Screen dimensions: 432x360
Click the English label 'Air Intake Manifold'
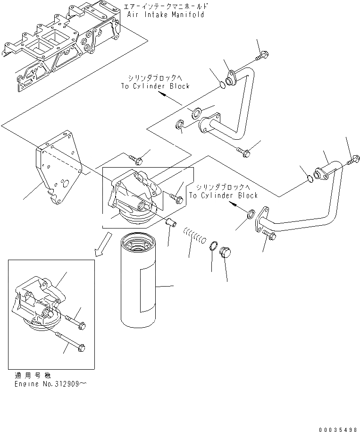166,15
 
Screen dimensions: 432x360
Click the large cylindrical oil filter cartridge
142,284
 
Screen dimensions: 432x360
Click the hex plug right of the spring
226,252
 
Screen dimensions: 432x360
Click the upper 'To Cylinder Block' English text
154,86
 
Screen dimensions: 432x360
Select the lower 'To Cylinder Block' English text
223,195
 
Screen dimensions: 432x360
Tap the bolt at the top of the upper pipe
261,56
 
